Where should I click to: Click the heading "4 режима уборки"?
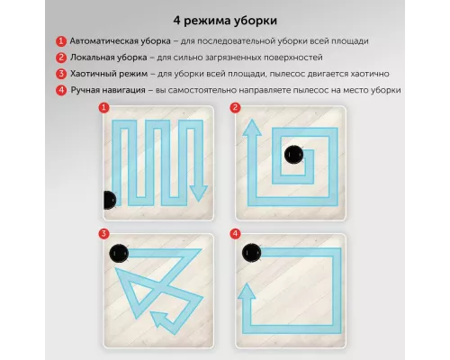click(x=225, y=21)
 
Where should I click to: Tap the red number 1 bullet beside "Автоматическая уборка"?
click(x=61, y=41)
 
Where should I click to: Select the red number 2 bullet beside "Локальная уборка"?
click(x=61, y=58)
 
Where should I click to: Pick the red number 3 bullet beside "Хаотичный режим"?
click(x=61, y=74)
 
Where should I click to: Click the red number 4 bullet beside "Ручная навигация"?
click(x=61, y=90)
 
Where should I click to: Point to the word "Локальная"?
click(x=94, y=58)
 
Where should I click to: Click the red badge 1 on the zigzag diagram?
click(x=103, y=107)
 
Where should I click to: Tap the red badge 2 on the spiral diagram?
click(x=235, y=107)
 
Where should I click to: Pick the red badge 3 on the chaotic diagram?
click(x=103, y=234)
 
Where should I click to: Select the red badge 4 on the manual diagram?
click(x=235, y=234)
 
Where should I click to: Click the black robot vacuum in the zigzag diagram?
click(x=110, y=200)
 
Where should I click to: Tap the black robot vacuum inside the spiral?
click(x=293, y=155)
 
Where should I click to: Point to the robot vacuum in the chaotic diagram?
click(x=119, y=253)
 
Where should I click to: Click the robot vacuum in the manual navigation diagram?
click(x=251, y=253)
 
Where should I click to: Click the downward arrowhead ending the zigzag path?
click(x=198, y=193)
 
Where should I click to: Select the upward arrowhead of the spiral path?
click(x=252, y=128)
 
